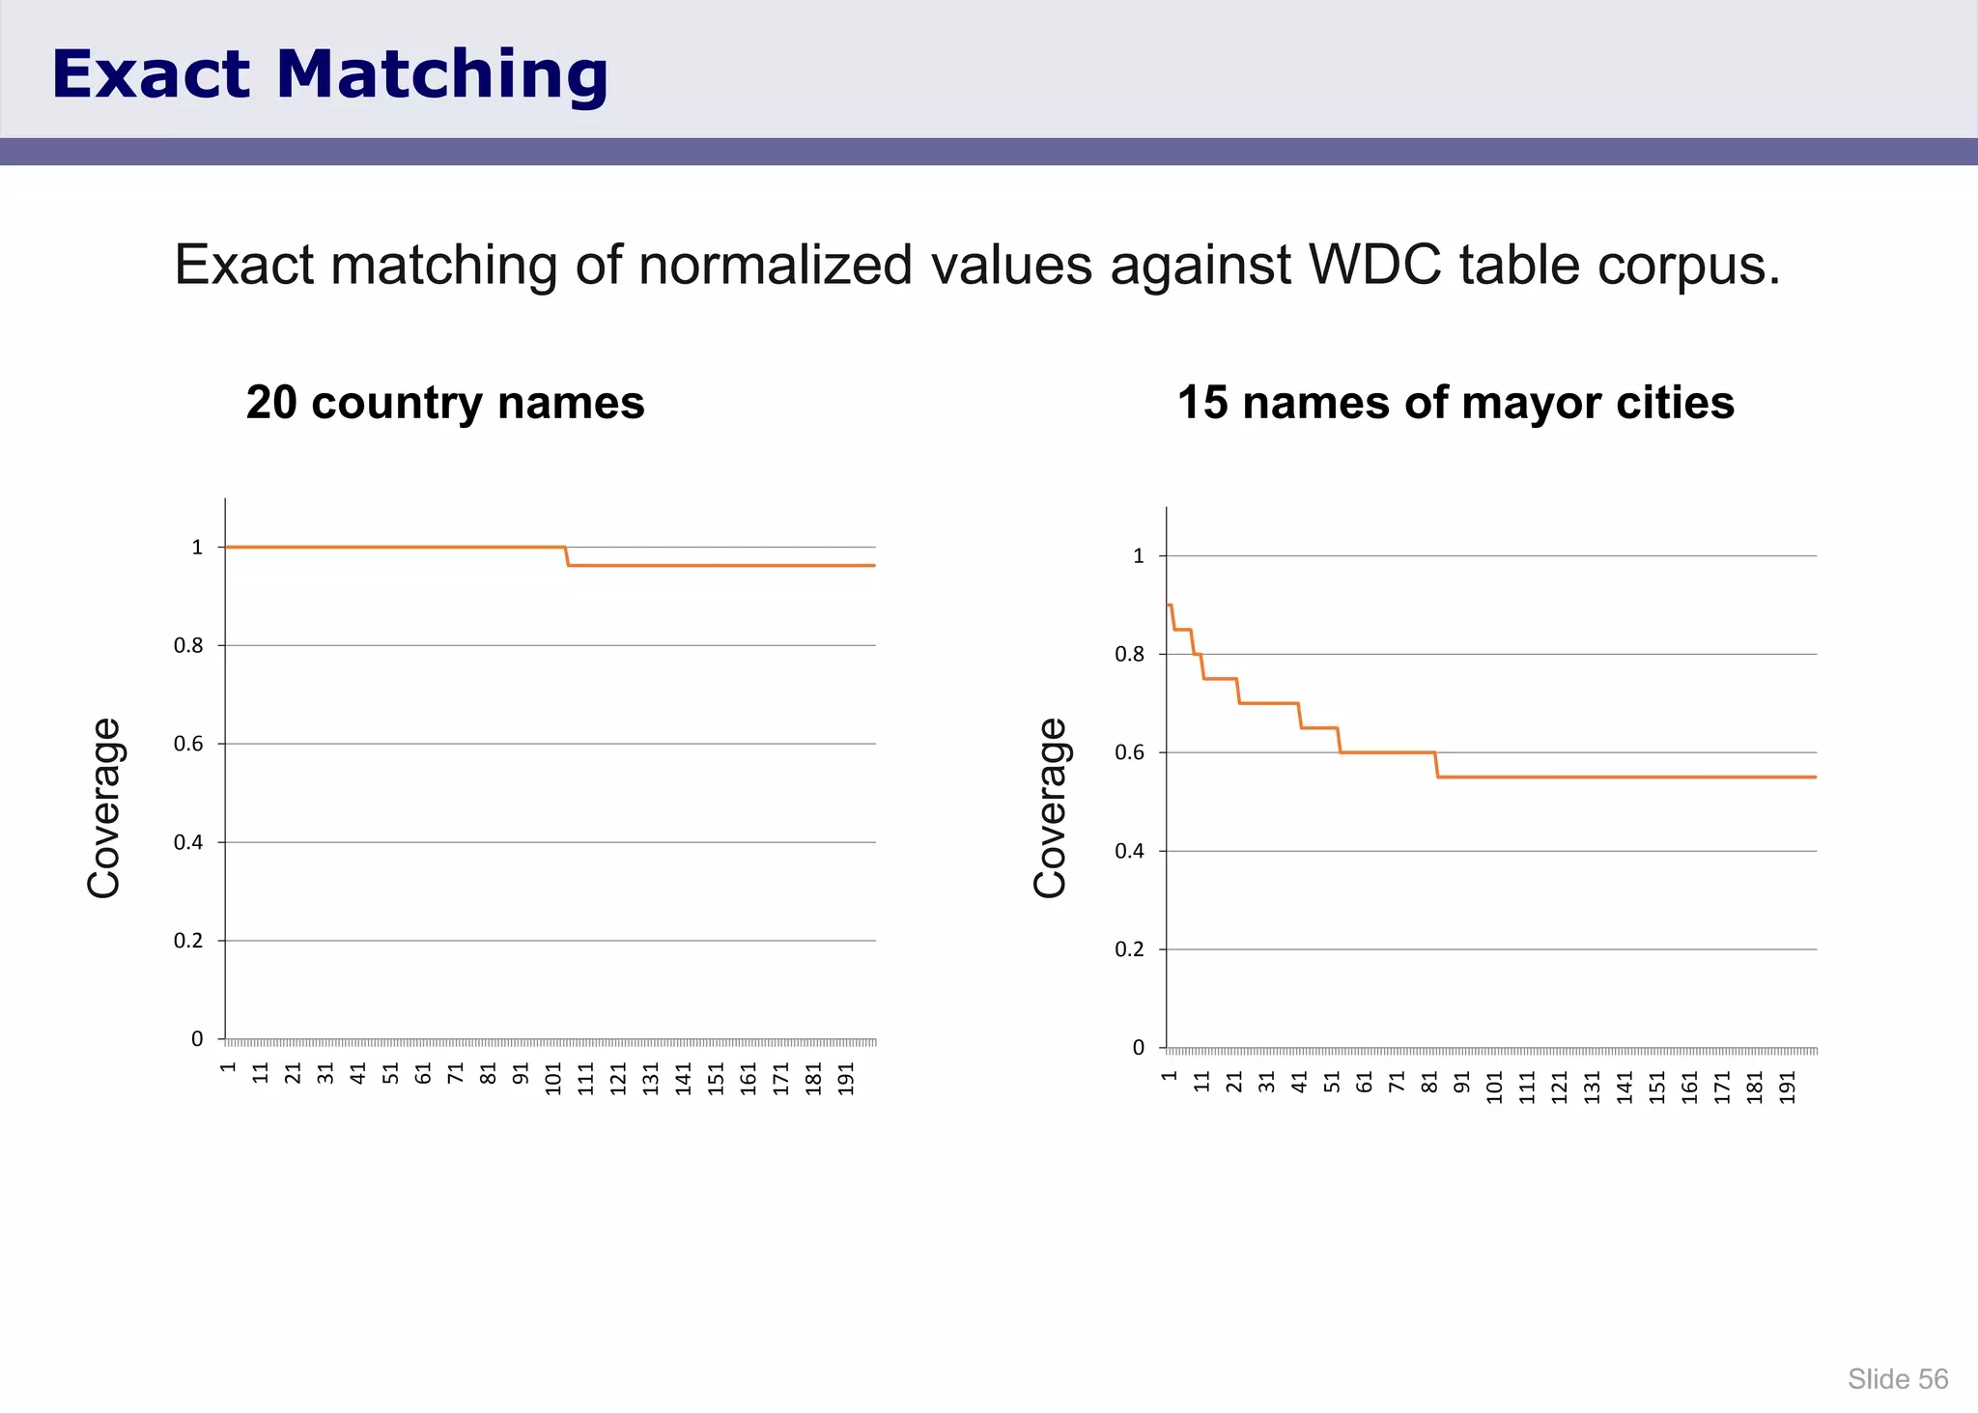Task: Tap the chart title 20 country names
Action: [445, 402]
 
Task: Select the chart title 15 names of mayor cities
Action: [1455, 402]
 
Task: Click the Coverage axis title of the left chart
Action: [103, 807]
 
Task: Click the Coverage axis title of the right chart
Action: [1050, 807]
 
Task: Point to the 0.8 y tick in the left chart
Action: [189, 645]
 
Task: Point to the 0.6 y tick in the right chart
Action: [1130, 752]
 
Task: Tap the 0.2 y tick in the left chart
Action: [189, 941]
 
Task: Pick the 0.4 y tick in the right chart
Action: [1130, 851]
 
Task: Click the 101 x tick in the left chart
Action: [553, 1079]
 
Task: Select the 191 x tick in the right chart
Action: [1788, 1087]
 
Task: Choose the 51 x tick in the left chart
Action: [391, 1073]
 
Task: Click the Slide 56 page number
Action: [1898, 1379]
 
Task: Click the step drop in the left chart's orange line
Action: [567, 556]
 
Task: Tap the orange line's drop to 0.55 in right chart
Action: [1437, 765]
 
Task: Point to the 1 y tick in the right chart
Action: [1139, 556]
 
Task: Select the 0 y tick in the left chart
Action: [197, 1039]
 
